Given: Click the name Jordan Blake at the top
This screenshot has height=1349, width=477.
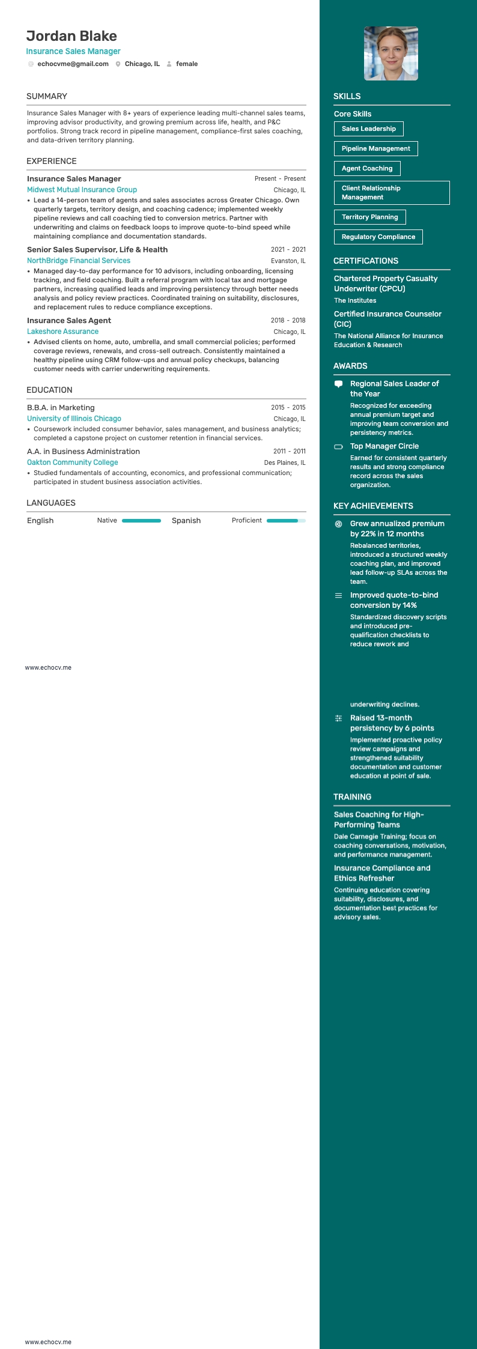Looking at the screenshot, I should click(71, 36).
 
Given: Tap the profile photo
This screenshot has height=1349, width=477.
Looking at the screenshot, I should click(391, 53).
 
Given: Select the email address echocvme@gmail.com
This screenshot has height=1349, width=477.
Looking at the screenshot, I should click(73, 64).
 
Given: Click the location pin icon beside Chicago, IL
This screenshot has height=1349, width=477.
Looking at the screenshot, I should click(118, 64).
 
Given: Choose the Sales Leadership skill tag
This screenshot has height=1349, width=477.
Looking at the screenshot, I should click(368, 129).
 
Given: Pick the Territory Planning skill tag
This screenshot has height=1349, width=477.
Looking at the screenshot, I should click(369, 217).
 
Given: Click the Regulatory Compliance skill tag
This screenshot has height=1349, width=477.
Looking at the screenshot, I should click(378, 237).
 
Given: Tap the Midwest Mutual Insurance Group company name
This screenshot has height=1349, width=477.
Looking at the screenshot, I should click(82, 190).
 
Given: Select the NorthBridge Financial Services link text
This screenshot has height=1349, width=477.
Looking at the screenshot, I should click(79, 261).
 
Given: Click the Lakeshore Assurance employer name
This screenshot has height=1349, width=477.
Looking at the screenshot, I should click(62, 332).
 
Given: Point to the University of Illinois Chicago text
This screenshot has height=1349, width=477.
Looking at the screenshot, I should click(74, 419).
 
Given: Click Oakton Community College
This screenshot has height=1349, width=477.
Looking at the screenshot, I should click(72, 462).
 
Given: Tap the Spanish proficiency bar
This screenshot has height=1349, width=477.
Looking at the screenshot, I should click(286, 521).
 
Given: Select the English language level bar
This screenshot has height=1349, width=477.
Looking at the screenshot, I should click(141, 521).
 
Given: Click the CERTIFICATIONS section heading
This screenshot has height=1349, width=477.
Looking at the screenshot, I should click(366, 261).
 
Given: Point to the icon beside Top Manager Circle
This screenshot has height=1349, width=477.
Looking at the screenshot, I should click(338, 446).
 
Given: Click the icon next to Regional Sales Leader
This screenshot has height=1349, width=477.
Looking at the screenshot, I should click(338, 384).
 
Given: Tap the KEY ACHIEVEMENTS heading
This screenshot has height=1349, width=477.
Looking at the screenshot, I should click(373, 506).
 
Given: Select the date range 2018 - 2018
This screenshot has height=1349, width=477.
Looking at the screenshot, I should click(288, 321).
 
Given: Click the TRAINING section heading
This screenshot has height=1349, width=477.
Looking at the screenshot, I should click(352, 796).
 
